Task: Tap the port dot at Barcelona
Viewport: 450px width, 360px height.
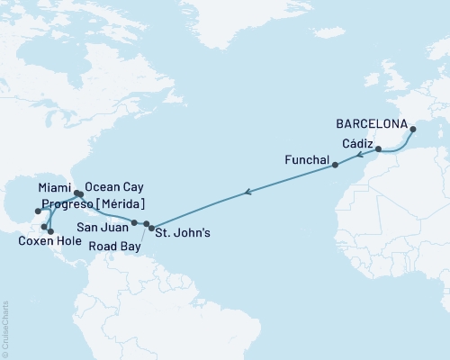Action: pos(412,130)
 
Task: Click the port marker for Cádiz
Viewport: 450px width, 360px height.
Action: pos(378,148)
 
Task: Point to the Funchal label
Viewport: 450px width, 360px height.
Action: pos(305,158)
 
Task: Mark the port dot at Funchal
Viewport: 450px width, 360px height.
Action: pos(335,166)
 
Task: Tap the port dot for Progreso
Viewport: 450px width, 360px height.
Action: pos(37,212)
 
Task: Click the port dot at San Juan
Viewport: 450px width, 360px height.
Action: pos(134,222)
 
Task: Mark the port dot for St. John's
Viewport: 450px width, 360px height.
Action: pos(151,227)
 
